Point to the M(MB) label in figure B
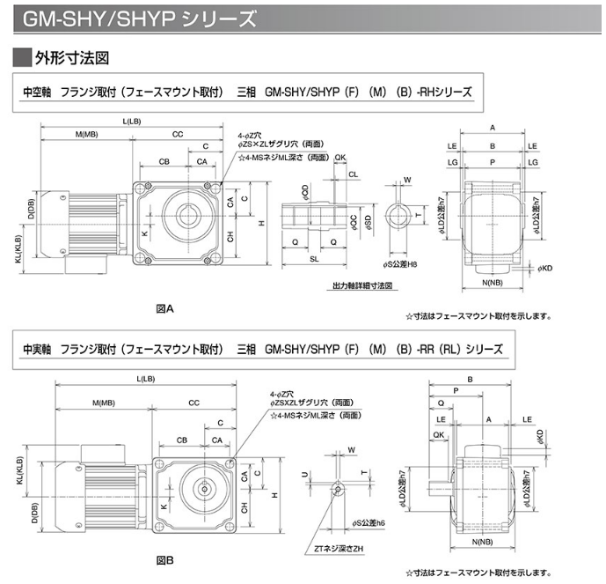(103, 403)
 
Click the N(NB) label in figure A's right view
(493, 284)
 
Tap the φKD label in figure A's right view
(544, 267)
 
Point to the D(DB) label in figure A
(31, 210)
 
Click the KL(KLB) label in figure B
(19, 474)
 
